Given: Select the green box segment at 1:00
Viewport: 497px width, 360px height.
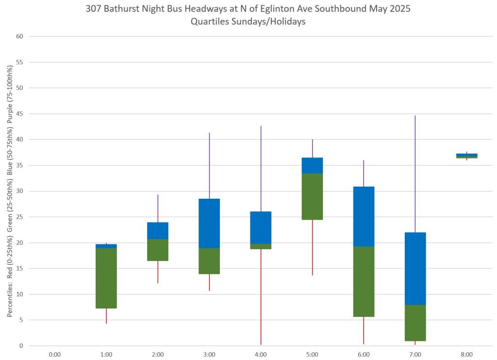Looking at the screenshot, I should tap(106, 278).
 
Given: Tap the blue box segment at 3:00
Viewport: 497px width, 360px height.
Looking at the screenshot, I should tap(209, 223).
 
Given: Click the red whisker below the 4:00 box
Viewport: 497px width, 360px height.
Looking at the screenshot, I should tap(261, 296).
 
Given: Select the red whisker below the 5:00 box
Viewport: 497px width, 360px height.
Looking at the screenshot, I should tap(312, 247).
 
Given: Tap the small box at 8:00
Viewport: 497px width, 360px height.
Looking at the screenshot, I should tap(466, 155).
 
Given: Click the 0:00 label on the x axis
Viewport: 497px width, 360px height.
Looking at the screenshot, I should tap(55, 355).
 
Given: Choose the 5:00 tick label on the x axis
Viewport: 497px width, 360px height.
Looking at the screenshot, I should tap(312, 355).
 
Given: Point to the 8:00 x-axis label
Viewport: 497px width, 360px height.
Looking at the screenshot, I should tap(466, 355).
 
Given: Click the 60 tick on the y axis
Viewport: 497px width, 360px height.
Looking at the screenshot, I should tap(20, 36).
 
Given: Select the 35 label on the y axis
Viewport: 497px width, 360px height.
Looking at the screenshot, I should tap(20, 165).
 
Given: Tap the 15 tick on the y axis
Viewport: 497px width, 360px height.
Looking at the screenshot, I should tap(20, 269).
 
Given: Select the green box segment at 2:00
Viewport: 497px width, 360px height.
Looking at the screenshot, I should tap(158, 250).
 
